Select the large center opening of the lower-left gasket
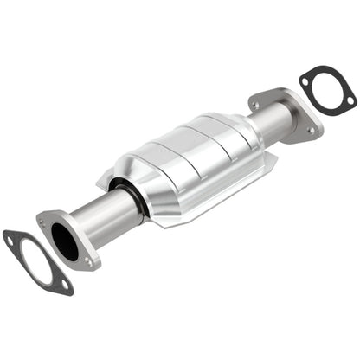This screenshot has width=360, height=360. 37,261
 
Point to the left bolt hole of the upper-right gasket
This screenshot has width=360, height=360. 305,83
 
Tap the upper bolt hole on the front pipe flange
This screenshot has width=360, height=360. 44,218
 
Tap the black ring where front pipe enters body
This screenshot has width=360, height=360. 127,198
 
